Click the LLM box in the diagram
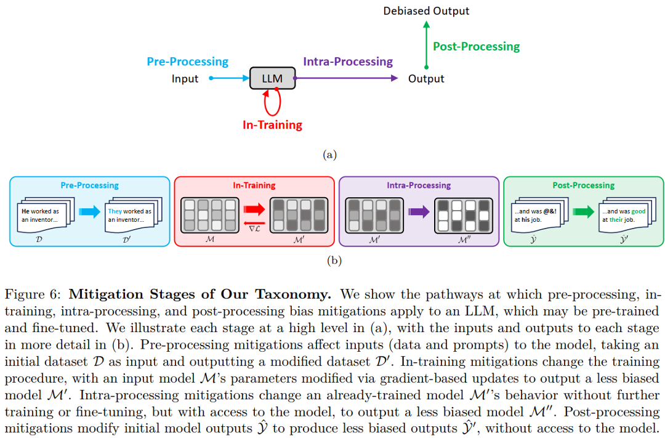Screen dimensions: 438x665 pyautogui.click(x=273, y=78)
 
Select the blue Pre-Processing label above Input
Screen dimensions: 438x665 pyautogui.click(x=187, y=62)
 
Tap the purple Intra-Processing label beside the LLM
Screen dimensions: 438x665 pyautogui.click(x=348, y=62)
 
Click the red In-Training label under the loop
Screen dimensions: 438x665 pyautogui.click(x=272, y=125)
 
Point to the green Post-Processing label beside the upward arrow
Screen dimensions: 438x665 pyautogui.click(x=476, y=47)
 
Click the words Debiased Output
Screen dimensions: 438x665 pyautogui.click(x=426, y=11)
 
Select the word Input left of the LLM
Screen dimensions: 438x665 pyautogui.click(x=185, y=79)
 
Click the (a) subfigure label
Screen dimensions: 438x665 pyautogui.click(x=330, y=155)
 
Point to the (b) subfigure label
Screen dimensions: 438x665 pyautogui.click(x=334, y=260)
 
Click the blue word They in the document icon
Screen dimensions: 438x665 pyautogui.click(x=115, y=211)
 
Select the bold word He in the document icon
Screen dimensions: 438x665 pyautogui.click(x=26, y=211)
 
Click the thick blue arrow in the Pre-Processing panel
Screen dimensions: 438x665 pyautogui.click(x=89, y=213)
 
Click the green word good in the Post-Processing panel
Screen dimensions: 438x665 pyautogui.click(x=638, y=211)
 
